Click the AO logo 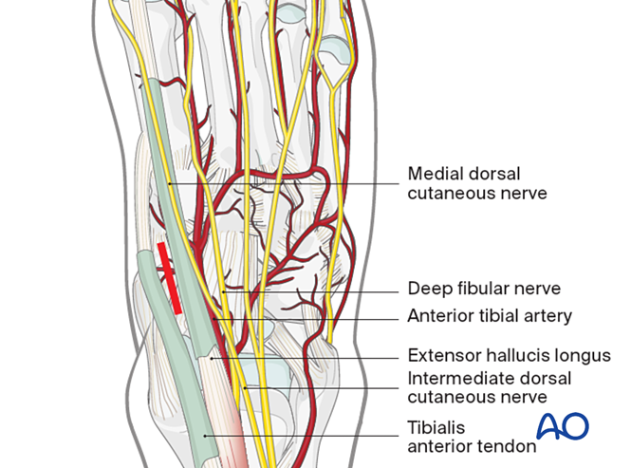(x=563, y=426)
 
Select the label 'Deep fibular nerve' (x=484, y=289)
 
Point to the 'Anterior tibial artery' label (x=490, y=316)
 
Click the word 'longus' (x=581, y=355)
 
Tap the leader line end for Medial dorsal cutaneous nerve (x=166, y=183)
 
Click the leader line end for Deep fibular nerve (x=221, y=290)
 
